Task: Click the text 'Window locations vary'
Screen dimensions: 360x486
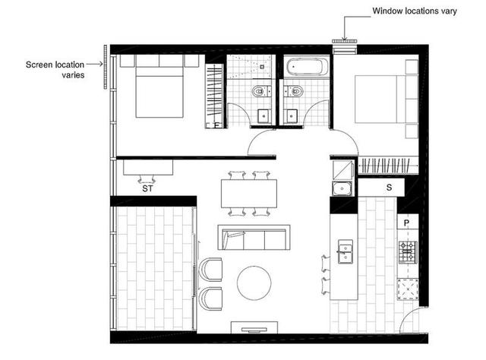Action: tap(413, 11)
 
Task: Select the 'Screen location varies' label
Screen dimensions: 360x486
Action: tap(55, 70)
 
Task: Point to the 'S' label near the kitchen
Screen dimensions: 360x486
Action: tap(389, 186)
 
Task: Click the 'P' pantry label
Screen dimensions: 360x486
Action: tap(407, 223)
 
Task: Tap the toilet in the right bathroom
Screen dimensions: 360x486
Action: tap(296, 93)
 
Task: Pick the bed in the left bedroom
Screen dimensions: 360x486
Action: tap(159, 87)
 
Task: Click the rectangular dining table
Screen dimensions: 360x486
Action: tap(249, 193)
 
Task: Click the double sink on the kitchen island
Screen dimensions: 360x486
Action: tap(345, 251)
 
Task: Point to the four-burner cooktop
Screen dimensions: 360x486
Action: tap(407, 251)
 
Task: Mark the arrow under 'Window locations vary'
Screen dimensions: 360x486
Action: tap(345, 28)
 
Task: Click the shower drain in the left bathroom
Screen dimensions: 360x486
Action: tap(261, 66)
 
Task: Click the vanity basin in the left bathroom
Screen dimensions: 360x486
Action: tap(261, 116)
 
